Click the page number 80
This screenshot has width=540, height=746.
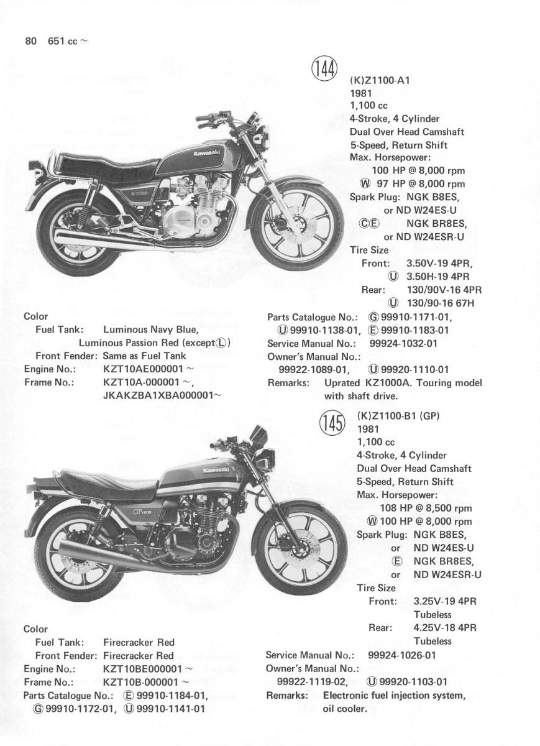(x=29, y=42)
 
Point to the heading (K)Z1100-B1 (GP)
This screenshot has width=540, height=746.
(x=398, y=416)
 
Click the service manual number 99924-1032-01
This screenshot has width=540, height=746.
(x=403, y=343)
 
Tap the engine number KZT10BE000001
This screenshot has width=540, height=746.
(x=142, y=669)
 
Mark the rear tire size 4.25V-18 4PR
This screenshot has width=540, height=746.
(x=445, y=627)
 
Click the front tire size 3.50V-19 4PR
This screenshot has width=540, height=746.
(x=444, y=263)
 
